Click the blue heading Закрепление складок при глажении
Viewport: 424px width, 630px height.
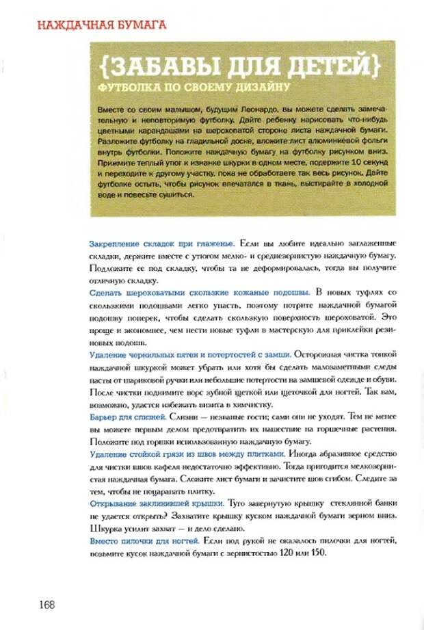click(x=163, y=244)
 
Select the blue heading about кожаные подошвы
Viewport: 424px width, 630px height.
click(x=200, y=292)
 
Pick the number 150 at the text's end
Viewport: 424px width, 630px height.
click(x=318, y=553)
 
